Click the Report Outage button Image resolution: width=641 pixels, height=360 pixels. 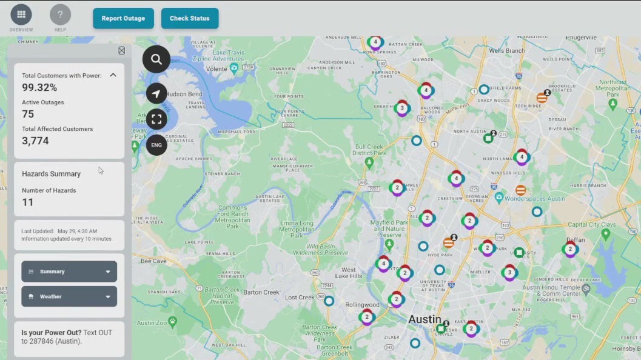(x=123, y=18)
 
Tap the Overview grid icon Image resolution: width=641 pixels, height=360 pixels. (x=21, y=15)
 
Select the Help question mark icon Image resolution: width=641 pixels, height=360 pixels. (x=60, y=15)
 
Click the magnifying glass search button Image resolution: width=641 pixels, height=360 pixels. (x=156, y=59)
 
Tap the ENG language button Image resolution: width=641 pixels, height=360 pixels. (x=156, y=145)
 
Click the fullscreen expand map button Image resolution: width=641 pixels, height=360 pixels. (x=156, y=119)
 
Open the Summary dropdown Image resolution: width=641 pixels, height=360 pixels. (x=69, y=272)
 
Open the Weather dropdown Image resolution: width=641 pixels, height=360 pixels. (x=69, y=296)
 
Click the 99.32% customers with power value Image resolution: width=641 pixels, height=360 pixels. (x=39, y=88)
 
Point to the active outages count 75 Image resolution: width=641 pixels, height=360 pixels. (x=28, y=115)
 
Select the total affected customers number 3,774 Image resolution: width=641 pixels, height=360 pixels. (x=35, y=141)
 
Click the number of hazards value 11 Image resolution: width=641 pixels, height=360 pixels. (x=28, y=202)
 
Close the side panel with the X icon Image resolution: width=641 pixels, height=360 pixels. (x=121, y=51)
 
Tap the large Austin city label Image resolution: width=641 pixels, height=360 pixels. (x=425, y=319)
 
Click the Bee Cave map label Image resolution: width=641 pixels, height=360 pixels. (x=153, y=261)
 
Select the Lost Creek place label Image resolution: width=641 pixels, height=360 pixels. (x=300, y=298)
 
